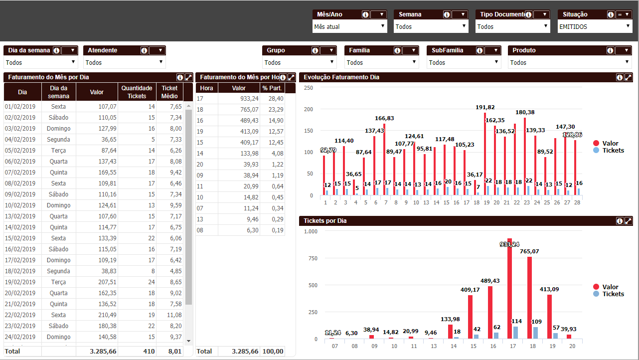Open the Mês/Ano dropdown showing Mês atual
[349, 26]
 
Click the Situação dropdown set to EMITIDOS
[595, 26]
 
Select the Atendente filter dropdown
[124, 62]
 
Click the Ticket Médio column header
[169, 92]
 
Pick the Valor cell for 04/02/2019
[97, 140]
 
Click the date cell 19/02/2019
[20, 282]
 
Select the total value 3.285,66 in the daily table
[97, 352]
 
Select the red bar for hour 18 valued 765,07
[529, 298]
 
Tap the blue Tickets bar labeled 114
[516, 333]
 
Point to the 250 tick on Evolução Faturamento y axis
[308, 88]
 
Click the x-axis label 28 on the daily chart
[577, 203]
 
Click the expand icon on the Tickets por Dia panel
[629, 221]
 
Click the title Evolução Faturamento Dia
[341, 77]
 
